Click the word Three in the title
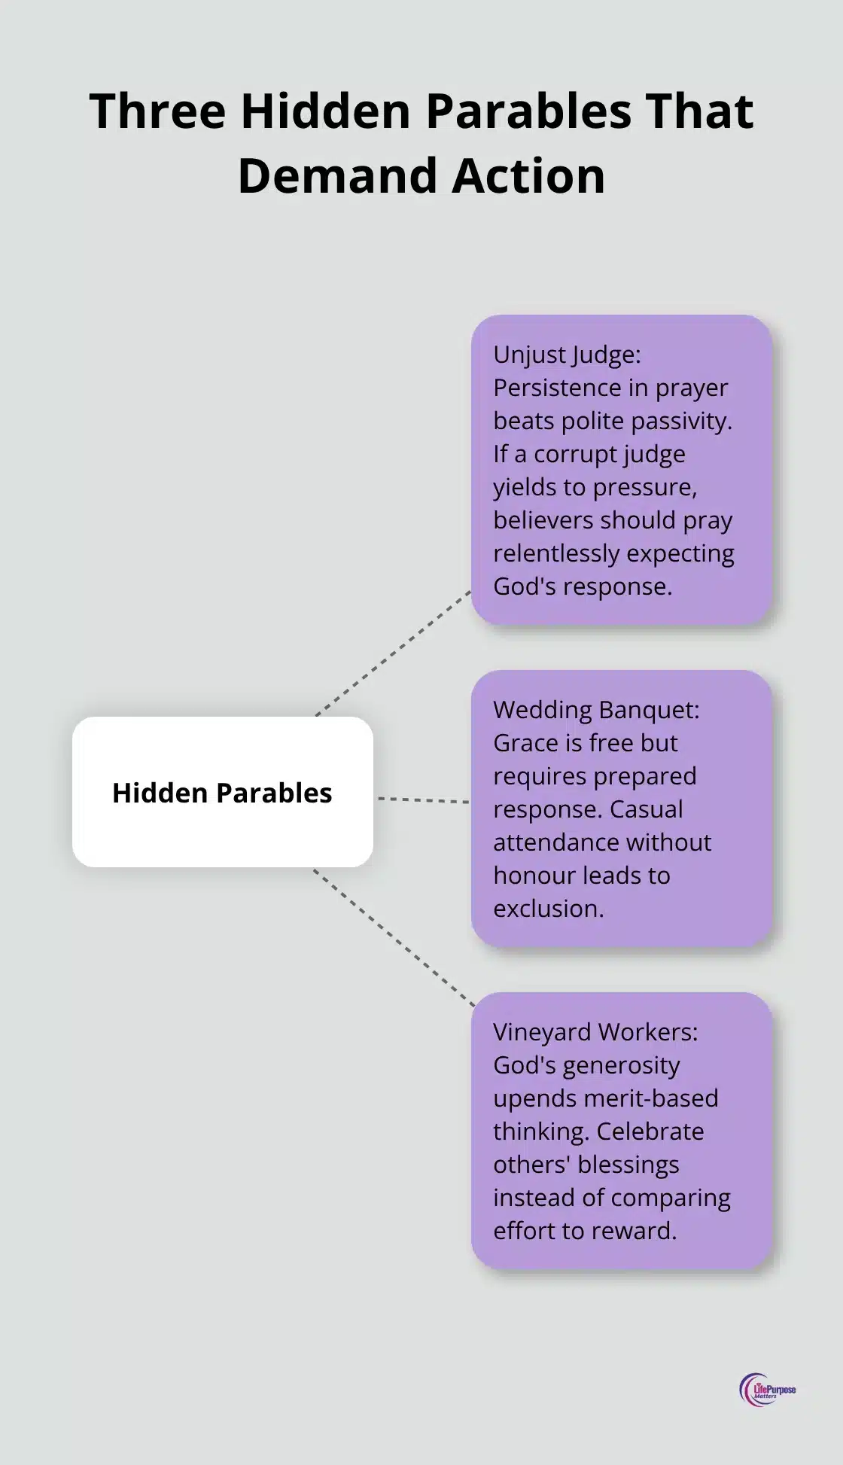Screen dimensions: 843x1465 [157, 111]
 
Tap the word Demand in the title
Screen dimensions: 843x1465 [334, 177]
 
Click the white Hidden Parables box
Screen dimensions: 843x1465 [222, 792]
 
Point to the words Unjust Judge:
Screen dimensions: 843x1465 [567, 355]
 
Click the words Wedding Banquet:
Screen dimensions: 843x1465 [596, 710]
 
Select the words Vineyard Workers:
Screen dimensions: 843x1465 [595, 1032]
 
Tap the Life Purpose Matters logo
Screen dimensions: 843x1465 [767, 1390]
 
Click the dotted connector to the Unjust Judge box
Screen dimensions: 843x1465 [393, 653]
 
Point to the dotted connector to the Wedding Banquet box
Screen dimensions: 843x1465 [423, 800]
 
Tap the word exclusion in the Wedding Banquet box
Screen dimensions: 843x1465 [548, 909]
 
